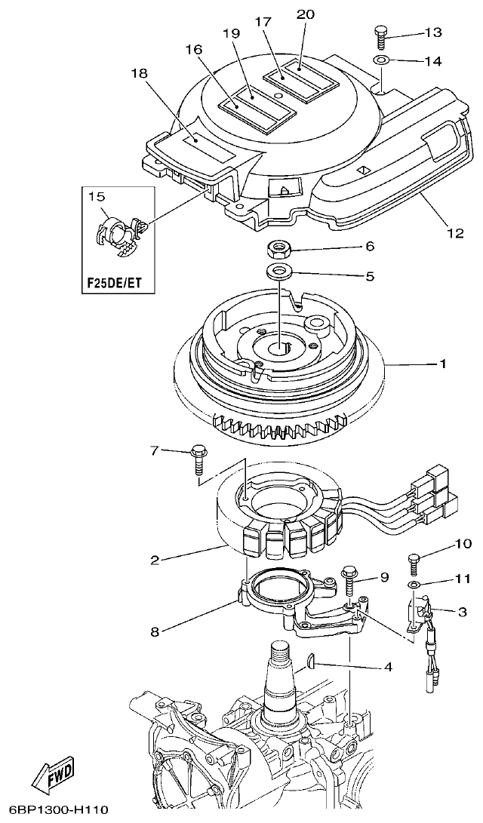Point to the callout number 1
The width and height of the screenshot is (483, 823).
(x=444, y=364)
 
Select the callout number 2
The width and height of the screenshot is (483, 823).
(x=154, y=560)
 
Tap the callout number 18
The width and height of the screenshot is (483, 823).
(x=140, y=72)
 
